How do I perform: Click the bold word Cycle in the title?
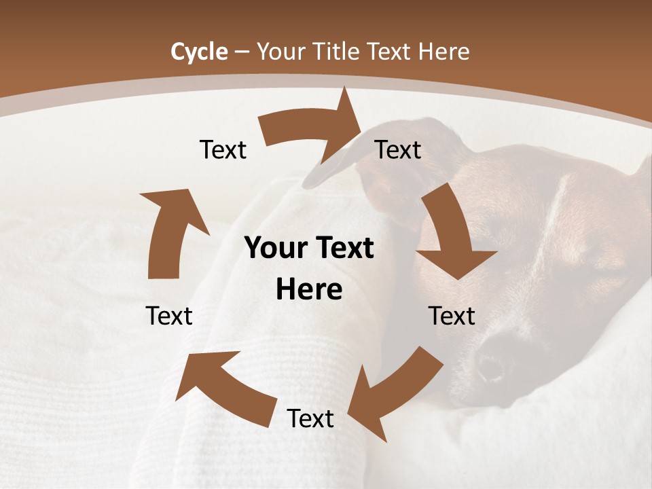199,52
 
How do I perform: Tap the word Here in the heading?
443,52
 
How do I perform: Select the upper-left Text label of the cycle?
223,149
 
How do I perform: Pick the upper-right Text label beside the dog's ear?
398,149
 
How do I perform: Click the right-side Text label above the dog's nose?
452,316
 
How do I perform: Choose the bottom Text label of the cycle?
310,418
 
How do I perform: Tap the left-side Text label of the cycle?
169,316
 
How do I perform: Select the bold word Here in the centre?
309,290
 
